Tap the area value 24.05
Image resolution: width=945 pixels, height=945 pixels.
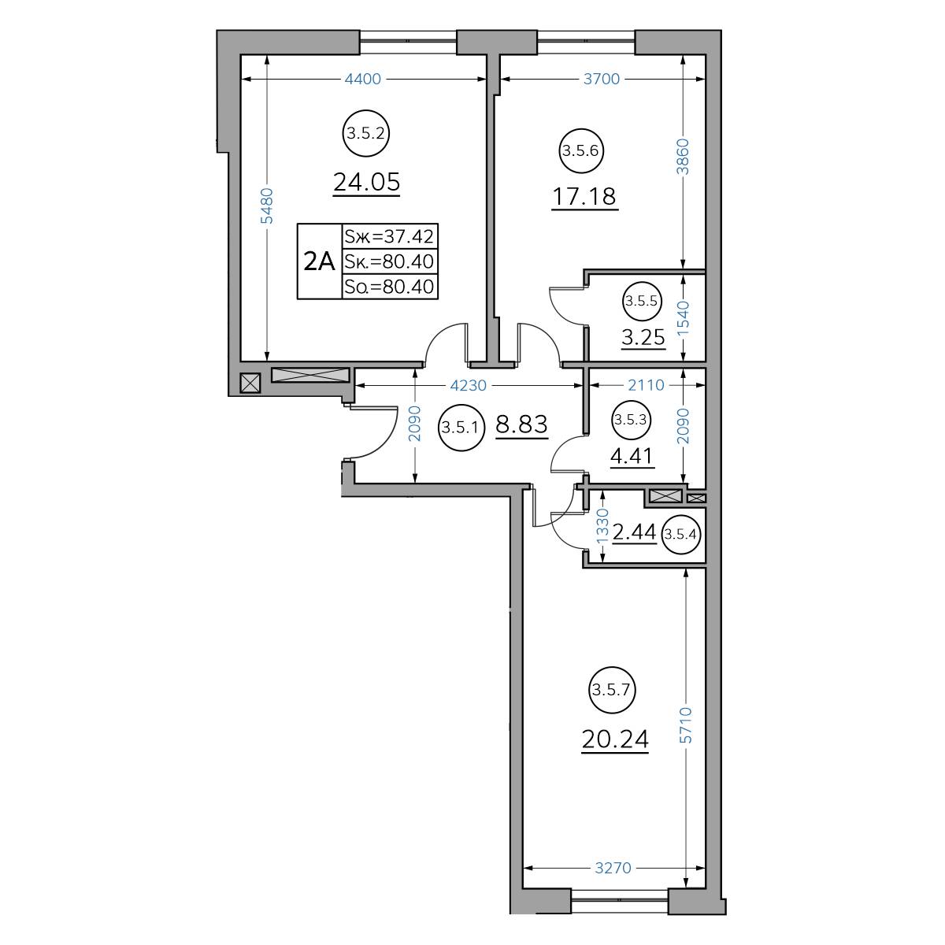pyautogui.click(x=367, y=182)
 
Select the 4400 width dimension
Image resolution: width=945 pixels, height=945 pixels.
pyautogui.click(x=363, y=79)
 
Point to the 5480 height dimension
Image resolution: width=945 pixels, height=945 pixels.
pyautogui.click(x=266, y=206)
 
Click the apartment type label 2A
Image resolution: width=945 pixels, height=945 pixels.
pyautogui.click(x=319, y=261)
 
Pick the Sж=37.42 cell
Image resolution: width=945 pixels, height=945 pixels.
pyautogui.click(x=389, y=236)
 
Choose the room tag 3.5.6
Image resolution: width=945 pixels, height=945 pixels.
pyautogui.click(x=580, y=150)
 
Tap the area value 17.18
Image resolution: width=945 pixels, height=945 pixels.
pyautogui.click(x=584, y=197)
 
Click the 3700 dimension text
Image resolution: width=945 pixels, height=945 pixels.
pyautogui.click(x=601, y=79)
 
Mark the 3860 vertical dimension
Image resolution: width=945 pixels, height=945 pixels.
pyautogui.click(x=683, y=157)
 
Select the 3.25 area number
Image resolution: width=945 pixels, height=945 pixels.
pyautogui.click(x=643, y=337)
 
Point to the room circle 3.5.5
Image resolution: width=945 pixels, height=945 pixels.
pyautogui.click(x=642, y=301)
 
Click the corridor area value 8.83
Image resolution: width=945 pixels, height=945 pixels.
pyautogui.click(x=521, y=424)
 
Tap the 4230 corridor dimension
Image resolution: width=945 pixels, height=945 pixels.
pyautogui.click(x=469, y=385)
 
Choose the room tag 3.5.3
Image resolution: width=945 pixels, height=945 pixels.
pyautogui.click(x=631, y=420)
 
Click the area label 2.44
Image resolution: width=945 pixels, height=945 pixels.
pyautogui.click(x=635, y=532)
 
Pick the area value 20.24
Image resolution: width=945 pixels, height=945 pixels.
pyautogui.click(x=615, y=739)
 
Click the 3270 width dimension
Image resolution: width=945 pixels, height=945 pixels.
pyautogui.click(x=613, y=868)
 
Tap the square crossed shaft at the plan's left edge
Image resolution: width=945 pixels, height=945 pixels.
pyautogui.click(x=250, y=383)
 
